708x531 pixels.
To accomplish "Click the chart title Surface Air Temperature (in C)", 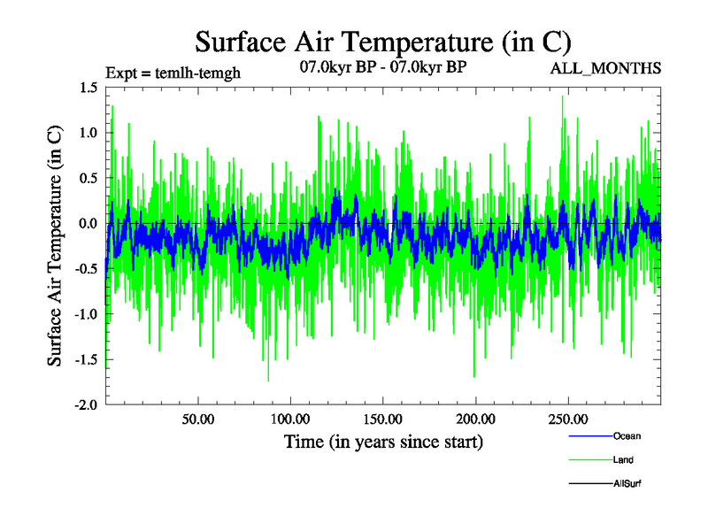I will pyautogui.click(x=382, y=42).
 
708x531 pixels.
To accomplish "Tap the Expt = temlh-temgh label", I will pyautogui.click(x=172, y=73).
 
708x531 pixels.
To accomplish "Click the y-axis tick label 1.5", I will pyautogui.click(x=88, y=88).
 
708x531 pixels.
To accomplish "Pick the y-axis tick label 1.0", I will pyautogui.click(x=88, y=133).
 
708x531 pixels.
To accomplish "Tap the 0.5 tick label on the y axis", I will pyautogui.click(x=88, y=178).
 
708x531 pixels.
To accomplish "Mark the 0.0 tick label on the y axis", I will pyautogui.click(x=88, y=223).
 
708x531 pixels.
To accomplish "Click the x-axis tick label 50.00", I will pyautogui.click(x=197, y=419).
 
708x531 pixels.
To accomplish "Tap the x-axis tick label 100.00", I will pyautogui.click(x=289, y=419).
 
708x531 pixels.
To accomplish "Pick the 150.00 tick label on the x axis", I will pyautogui.click(x=382, y=419).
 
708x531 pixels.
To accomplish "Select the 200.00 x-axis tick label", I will pyautogui.click(x=475, y=419).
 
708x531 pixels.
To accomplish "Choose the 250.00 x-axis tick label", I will pyautogui.click(x=568, y=419).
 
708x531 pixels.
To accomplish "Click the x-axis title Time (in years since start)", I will pyautogui.click(x=384, y=441).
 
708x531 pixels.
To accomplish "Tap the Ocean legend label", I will pyautogui.click(x=627, y=435).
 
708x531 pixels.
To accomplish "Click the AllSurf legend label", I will pyautogui.click(x=627, y=484).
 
